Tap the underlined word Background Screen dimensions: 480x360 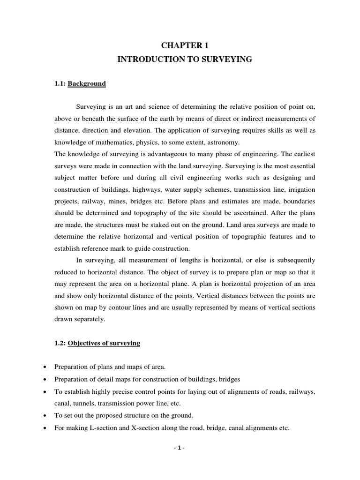click(87, 84)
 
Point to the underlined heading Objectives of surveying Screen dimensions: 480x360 click(104, 344)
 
